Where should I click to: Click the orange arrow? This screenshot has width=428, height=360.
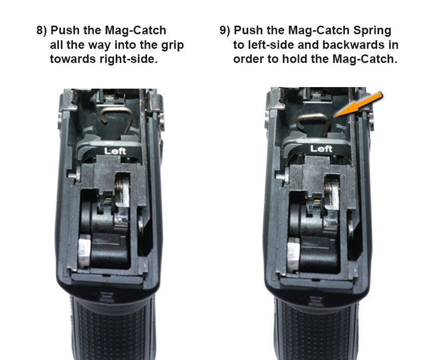point(358,105)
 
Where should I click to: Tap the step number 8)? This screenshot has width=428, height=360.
point(42,30)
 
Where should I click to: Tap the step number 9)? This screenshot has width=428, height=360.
point(225,30)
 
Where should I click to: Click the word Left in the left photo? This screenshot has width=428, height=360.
point(115,151)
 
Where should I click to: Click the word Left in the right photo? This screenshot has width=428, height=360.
point(321,149)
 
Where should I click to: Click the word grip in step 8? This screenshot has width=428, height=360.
point(172,45)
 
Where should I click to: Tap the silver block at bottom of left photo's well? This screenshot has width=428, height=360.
point(85,251)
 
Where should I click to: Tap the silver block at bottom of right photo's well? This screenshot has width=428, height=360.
point(294,255)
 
